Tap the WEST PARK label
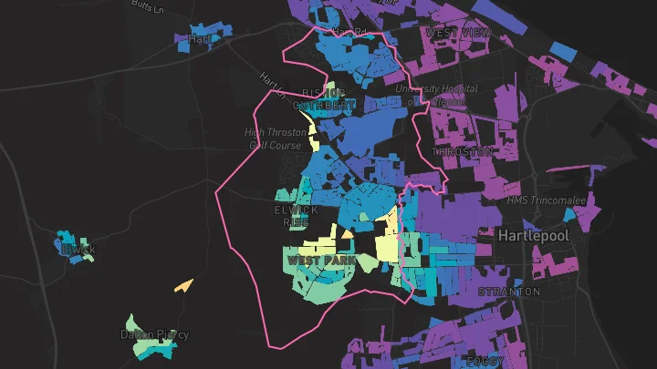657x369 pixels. pos(320,261)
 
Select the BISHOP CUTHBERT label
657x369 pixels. pos(324,99)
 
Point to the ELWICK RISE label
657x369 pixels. pos(297,216)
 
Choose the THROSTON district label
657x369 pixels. pos(463,151)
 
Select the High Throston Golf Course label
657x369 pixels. pos(276,138)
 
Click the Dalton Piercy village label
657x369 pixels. pos(154,334)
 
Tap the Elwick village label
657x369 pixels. pos(78,250)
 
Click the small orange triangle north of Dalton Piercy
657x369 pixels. pos(184,285)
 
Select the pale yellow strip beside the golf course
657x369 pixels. pos(315,136)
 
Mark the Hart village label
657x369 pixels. pos(200,39)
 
